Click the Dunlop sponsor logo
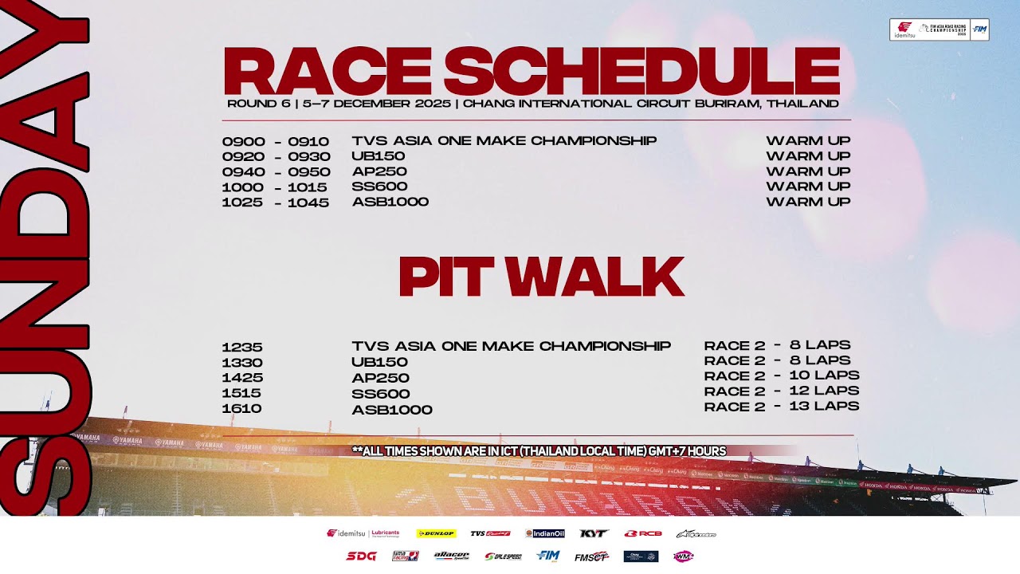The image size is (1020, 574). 436,533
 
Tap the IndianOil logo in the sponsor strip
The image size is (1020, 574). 545,533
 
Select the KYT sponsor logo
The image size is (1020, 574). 594,533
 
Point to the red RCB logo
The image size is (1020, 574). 643,533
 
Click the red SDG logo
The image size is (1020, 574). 361,556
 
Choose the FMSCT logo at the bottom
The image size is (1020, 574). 591,556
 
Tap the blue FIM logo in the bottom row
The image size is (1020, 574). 548,556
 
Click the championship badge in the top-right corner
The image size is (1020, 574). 939,29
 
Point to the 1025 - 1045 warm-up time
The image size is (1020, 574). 275,202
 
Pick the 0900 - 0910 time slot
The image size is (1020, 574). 275,142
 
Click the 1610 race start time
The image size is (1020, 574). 242,408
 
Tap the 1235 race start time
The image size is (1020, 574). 242,348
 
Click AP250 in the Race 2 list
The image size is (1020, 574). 380,378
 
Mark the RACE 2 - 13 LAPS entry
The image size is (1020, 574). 781,407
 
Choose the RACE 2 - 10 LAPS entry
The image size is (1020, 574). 781,375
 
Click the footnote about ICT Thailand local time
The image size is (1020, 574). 539,451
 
